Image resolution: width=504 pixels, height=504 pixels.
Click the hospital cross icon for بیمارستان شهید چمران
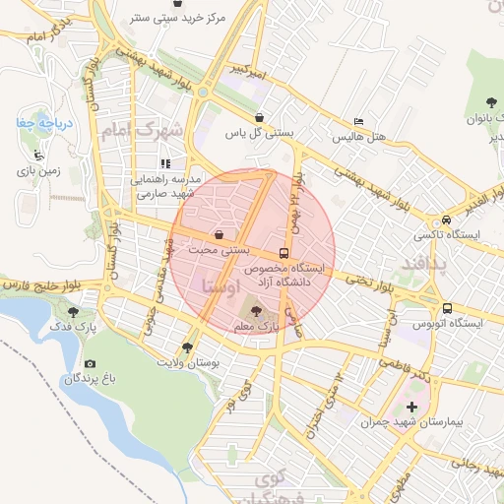point(411,407)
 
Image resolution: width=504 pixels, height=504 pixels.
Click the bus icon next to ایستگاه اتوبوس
point(447,307)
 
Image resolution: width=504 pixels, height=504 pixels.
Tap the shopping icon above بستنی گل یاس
point(258,117)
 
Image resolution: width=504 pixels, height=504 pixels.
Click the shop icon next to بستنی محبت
point(218,234)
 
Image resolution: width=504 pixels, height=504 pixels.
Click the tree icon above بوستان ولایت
point(187,347)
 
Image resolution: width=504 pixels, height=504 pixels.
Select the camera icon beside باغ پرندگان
point(90,363)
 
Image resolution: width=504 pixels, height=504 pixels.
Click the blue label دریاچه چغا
point(36,123)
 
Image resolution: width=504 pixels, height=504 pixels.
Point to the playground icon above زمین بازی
point(38,155)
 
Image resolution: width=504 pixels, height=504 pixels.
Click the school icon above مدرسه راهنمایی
point(165,163)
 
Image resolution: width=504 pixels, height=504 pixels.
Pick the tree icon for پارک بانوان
point(490,102)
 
